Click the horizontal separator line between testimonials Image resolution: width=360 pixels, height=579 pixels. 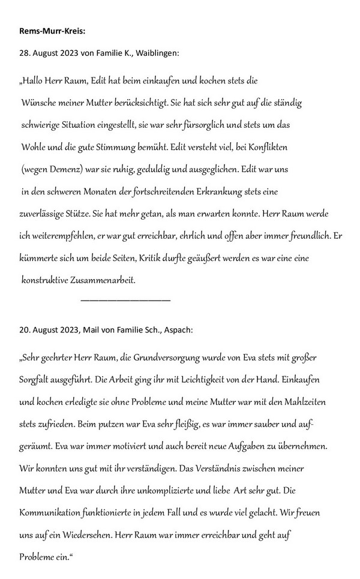(x=125, y=299)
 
